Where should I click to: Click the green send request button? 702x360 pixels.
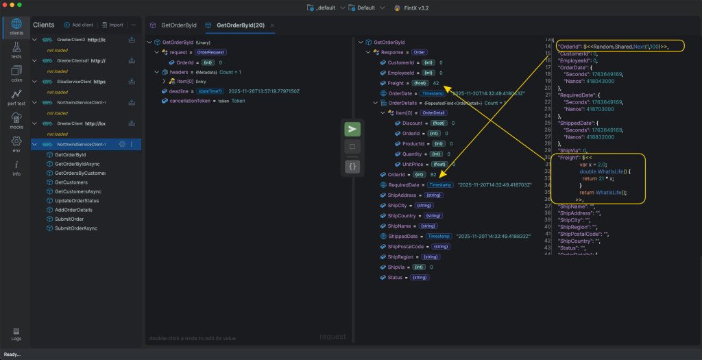pos(352,129)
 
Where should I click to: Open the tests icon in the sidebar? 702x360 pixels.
pos(16,51)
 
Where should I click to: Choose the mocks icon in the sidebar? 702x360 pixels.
pos(16,121)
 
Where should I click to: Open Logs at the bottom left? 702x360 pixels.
pos(16,333)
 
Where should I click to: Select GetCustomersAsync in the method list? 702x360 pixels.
pos(77,191)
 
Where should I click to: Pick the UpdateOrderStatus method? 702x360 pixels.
pos(76,200)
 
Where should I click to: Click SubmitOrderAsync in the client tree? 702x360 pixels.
pos(75,228)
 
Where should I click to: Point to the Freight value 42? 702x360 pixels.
pos(436,83)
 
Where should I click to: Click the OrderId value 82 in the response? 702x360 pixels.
pos(433,175)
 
